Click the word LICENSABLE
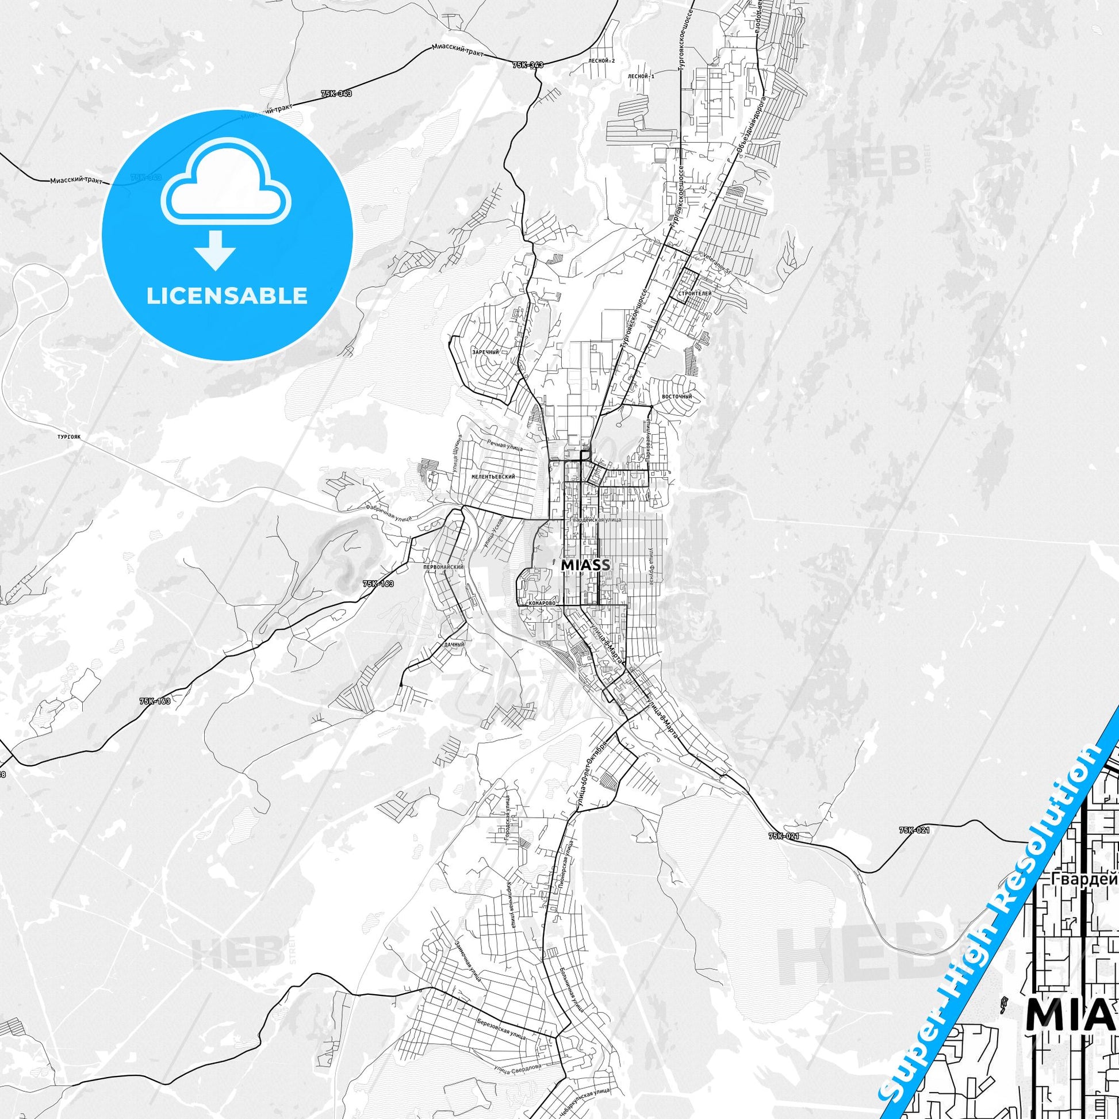pos(227,296)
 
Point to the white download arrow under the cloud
pos(215,250)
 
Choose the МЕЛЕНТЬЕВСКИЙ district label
pos(493,476)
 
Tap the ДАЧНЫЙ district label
pos(455,644)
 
